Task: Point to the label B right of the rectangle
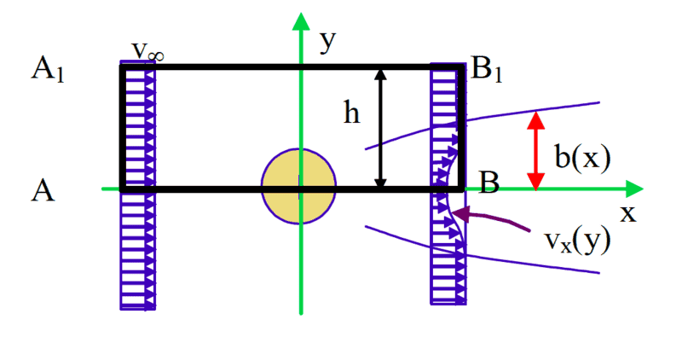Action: tap(489, 181)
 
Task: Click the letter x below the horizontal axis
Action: tap(627, 213)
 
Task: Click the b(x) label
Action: tap(582, 157)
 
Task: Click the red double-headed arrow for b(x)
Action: tap(535, 151)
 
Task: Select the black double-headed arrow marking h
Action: tap(381, 127)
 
